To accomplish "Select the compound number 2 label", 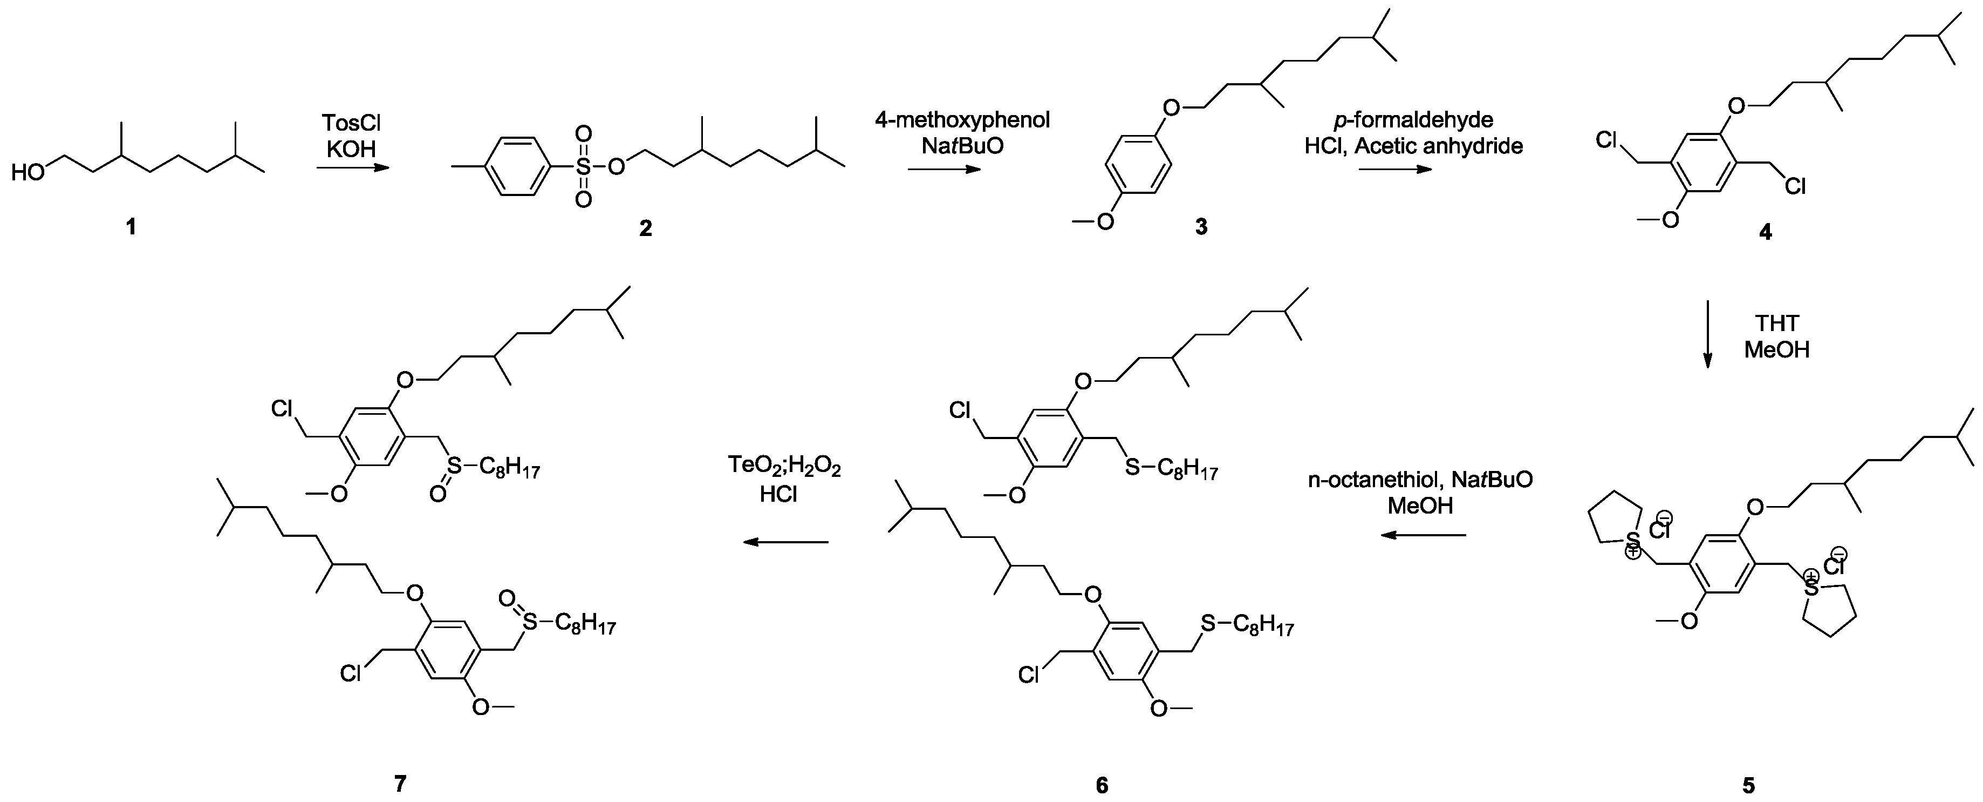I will [645, 227].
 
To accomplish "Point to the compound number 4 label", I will [1765, 231].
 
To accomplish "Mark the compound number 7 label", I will [400, 784].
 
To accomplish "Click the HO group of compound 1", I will [29, 173].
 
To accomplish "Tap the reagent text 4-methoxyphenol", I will [962, 120].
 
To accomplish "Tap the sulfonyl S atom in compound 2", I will [584, 166].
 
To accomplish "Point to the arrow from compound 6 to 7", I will [785, 542].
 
